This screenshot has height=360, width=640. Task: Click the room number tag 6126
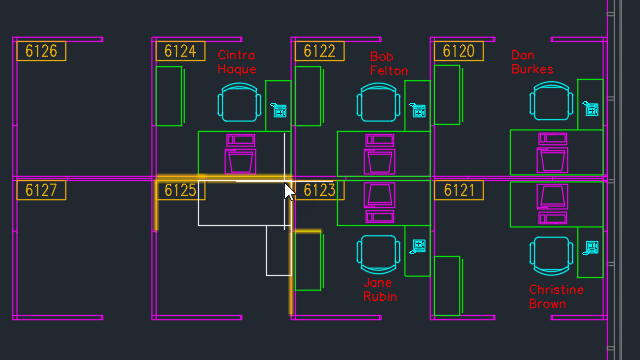point(41,51)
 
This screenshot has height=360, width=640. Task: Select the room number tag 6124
point(180,51)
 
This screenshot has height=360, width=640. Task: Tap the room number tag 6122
point(319,51)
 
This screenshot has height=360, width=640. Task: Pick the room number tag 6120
point(458,51)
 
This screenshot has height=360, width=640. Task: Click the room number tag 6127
point(41,190)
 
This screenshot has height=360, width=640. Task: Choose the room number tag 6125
point(180,190)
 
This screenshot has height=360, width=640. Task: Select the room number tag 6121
point(458,190)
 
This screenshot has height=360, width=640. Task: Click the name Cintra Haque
point(237,62)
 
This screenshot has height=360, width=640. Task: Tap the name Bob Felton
point(388,63)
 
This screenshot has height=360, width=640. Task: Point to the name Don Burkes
point(531,62)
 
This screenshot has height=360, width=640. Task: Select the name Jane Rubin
point(380,290)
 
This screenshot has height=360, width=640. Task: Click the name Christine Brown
point(555,297)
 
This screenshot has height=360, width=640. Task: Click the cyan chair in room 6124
point(240,103)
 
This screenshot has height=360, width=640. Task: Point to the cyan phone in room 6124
point(280,111)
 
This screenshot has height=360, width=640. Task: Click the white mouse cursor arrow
point(289,190)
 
